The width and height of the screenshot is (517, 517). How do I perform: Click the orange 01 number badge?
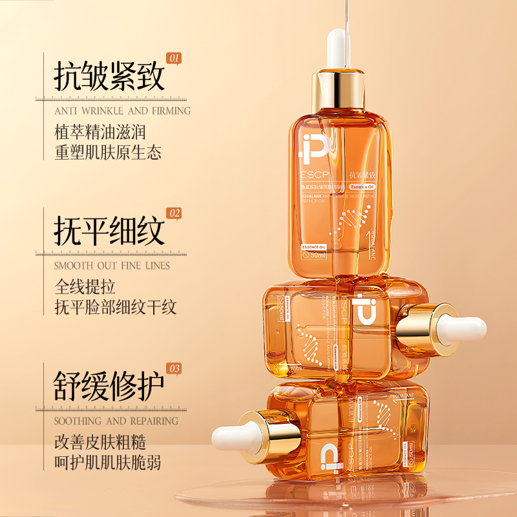[174, 58]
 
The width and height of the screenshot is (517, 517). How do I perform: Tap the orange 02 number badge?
[174, 213]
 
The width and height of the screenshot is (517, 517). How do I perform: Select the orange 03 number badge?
[174, 368]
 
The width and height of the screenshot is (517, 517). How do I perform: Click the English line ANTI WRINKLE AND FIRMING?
[122, 111]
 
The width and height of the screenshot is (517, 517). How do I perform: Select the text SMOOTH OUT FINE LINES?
[112, 266]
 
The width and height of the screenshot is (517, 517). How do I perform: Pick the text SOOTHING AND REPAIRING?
[116, 421]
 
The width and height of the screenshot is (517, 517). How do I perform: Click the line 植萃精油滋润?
[100, 132]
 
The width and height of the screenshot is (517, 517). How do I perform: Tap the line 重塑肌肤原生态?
[107, 153]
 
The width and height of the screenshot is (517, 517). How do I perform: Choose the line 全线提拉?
[85, 286]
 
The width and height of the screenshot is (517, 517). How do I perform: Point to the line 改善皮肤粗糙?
[100, 442]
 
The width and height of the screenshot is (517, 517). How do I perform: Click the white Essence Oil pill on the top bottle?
[366, 186]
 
